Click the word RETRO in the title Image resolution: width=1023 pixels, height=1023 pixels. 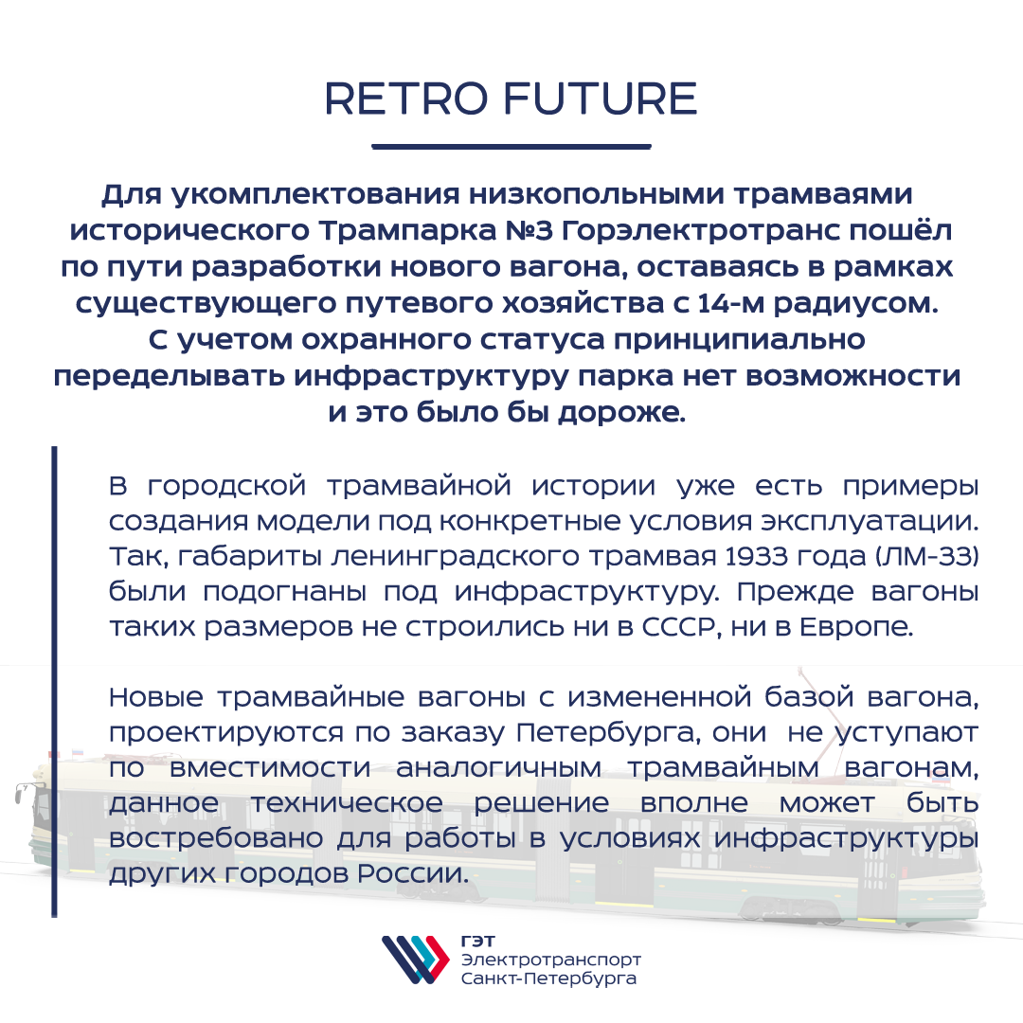point(405,99)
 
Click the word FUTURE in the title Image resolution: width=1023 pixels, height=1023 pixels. point(601,99)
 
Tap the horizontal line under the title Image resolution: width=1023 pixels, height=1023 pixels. point(511,146)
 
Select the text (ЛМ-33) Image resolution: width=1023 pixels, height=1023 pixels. point(925,557)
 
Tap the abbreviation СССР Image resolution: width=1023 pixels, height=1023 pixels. point(681,627)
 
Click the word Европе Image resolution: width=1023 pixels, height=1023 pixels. point(856,628)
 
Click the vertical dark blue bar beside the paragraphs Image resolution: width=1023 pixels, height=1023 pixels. point(55,682)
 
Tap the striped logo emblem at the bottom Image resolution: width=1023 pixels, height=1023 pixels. point(416,960)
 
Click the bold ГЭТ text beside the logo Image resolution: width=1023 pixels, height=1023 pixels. point(478,942)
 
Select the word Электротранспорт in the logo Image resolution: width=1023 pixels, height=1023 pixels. point(551,960)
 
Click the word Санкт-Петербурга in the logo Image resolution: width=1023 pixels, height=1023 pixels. point(548,978)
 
